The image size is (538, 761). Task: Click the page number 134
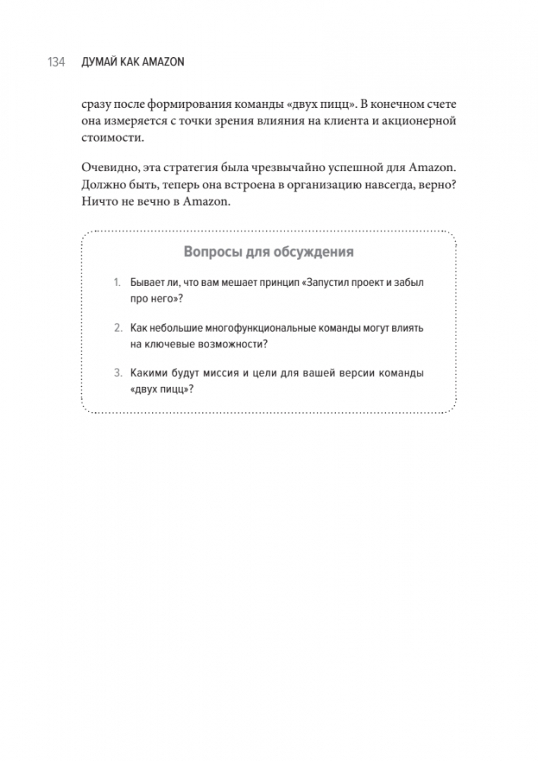click(x=56, y=63)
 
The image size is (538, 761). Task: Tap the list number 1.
click(x=117, y=282)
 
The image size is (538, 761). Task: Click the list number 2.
click(x=117, y=328)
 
